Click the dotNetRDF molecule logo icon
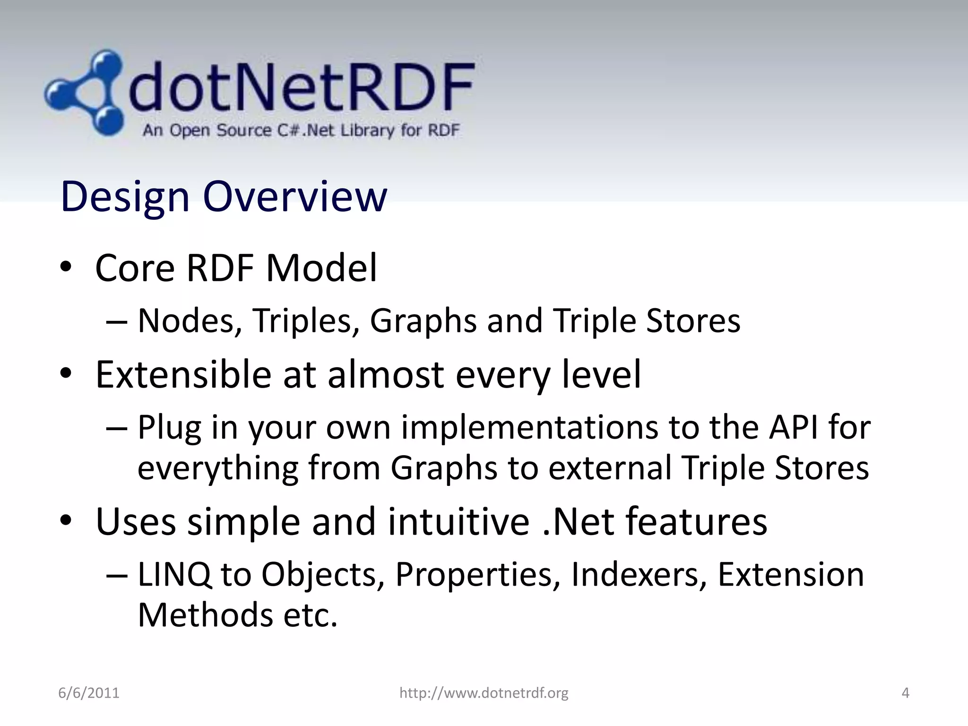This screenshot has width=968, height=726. pos(85,92)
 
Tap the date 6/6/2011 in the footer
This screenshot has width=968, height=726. pos(88,693)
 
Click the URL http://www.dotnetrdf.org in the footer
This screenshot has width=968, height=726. pos(484,693)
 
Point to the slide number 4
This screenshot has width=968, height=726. pos(905,693)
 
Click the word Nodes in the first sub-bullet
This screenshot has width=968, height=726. pos(186,321)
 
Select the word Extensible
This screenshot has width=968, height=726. pos(183,375)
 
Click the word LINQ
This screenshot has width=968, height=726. pos(174,575)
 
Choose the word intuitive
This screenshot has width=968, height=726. pos(458,522)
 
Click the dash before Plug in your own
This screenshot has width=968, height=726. pos(117,428)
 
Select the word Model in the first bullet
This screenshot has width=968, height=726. pos(321,268)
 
